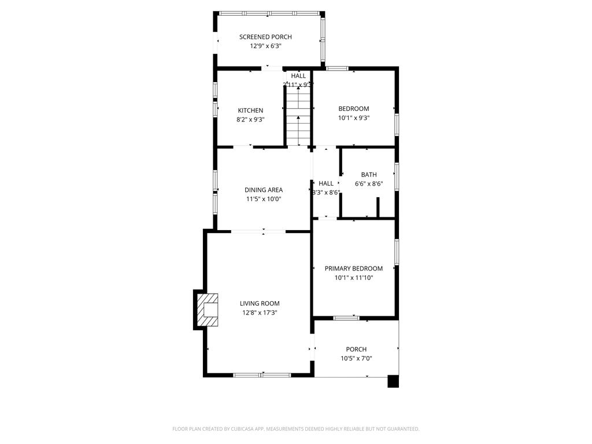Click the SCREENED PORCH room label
(265, 37)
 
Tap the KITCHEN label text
(250, 110)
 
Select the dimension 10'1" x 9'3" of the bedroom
(353, 118)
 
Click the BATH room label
(369, 175)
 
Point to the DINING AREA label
(264, 190)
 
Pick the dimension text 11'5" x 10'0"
(264, 199)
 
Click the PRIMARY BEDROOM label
(353, 268)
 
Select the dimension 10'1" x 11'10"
(353, 277)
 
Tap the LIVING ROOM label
(260, 304)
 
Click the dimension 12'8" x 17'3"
(260, 313)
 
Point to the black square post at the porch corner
(393, 382)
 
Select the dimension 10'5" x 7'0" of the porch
(356, 358)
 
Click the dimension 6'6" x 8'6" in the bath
(369, 184)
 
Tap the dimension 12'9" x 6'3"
(265, 46)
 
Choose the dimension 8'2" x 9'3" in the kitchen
(250, 120)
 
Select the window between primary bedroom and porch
(346, 317)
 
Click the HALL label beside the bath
(326, 183)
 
